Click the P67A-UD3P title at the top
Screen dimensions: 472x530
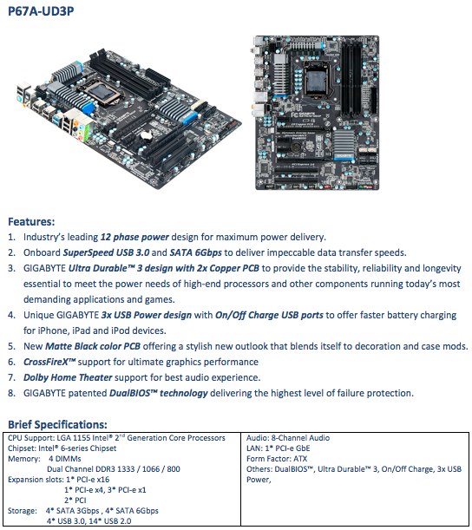[x=41, y=11]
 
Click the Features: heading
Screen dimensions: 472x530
[x=31, y=222]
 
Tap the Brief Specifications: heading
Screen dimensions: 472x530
[x=57, y=424]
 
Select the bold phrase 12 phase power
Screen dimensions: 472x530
[x=134, y=238]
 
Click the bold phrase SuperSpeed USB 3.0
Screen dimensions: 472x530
[x=106, y=252]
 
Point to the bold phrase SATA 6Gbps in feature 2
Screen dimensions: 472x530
[x=196, y=252]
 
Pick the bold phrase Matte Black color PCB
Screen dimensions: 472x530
[x=93, y=346]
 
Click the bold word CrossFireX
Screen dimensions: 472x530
[x=46, y=362]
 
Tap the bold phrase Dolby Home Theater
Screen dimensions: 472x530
[x=68, y=377]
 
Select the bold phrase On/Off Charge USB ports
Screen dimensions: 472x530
[x=269, y=316]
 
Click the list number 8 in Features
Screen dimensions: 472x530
[x=11, y=394]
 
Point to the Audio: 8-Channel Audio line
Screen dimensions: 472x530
[x=288, y=438]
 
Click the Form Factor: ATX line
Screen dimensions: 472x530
[x=277, y=459]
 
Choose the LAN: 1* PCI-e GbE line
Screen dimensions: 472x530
[x=279, y=448]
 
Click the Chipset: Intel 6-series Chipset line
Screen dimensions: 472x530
[x=62, y=448]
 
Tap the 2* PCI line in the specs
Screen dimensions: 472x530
[x=75, y=501]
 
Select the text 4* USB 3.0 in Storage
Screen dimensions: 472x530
[x=66, y=521]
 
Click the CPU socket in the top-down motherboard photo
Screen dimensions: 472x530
[x=317, y=80]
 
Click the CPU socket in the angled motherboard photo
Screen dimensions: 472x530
[x=101, y=92]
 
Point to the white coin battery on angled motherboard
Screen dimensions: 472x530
[x=147, y=135]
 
